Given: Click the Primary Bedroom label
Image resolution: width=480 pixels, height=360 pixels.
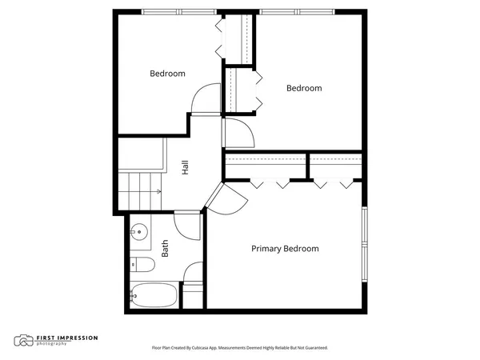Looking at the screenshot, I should click(x=285, y=249).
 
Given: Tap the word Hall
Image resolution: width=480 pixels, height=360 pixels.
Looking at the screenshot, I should click(x=186, y=168).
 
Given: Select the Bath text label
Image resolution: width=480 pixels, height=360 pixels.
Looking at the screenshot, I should click(x=166, y=249).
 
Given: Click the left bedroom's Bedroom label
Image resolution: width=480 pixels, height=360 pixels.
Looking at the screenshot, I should click(x=167, y=74).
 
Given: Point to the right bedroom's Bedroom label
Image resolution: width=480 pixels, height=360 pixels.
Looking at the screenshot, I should click(x=304, y=88).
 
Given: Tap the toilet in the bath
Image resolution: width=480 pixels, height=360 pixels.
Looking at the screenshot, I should click(x=142, y=265).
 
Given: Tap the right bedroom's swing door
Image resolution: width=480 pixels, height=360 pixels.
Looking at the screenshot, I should click(x=238, y=133).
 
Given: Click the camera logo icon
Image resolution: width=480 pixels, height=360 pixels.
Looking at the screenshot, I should click(x=24, y=341).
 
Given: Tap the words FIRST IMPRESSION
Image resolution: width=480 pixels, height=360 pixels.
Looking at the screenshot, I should click(x=66, y=338).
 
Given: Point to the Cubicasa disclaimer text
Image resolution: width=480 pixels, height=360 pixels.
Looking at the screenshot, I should click(x=239, y=348).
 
